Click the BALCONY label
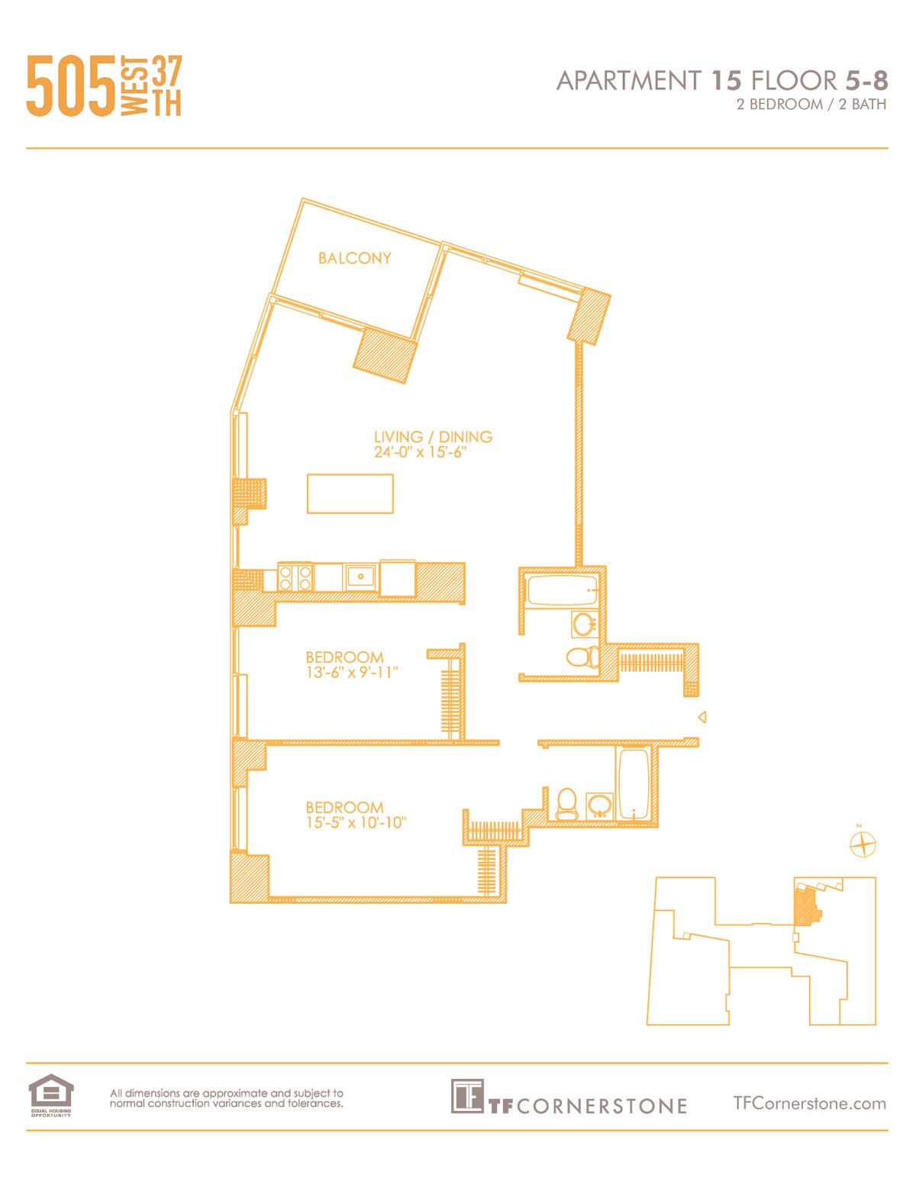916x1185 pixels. point(354,258)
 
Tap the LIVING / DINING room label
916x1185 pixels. point(433,437)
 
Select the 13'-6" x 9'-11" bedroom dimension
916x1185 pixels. point(352,673)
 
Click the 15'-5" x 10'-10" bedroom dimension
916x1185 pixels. point(356,823)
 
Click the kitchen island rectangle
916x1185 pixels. point(350,493)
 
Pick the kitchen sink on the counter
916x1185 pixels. point(360,576)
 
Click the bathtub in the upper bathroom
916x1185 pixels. point(562,590)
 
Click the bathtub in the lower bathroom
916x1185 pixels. point(634,784)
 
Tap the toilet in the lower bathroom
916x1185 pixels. point(566,803)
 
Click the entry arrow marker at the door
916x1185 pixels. point(702,717)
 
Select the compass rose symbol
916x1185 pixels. point(863,844)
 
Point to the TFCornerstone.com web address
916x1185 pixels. point(809,1103)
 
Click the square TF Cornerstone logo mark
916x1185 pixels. point(466,1096)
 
